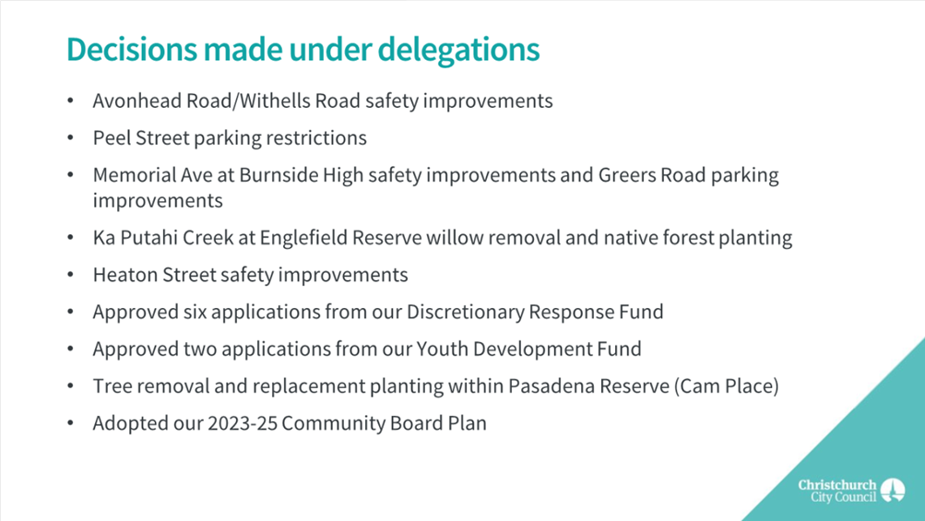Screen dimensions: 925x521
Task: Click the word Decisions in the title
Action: (132, 49)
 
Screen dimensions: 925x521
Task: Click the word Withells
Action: (276, 101)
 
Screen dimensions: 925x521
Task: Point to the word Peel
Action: (112, 138)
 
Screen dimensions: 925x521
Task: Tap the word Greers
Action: (626, 175)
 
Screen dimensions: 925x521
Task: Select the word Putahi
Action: (148, 238)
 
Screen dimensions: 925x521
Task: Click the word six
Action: (195, 312)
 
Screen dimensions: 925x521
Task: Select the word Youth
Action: (442, 349)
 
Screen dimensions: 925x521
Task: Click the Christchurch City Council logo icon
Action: (893, 491)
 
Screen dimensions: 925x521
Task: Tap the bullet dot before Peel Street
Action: (71, 138)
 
